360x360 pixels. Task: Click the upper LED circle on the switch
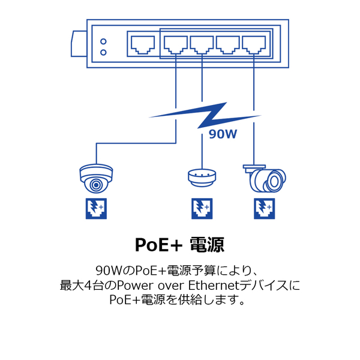tap(103, 41)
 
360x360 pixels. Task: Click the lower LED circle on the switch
tap(103, 53)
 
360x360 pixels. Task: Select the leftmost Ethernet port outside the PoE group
tap(143, 45)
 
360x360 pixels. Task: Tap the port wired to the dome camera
tap(176, 45)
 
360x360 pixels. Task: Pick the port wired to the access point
tap(202, 45)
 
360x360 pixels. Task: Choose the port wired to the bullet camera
tap(254, 45)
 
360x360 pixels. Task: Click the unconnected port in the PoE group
tap(228, 45)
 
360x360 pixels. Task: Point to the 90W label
tap(223, 134)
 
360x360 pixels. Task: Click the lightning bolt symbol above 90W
tap(205, 115)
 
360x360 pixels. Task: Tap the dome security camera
tap(96, 178)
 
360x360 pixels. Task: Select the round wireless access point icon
tap(202, 178)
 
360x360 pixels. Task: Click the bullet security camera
tap(265, 179)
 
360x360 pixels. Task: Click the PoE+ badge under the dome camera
tap(96, 208)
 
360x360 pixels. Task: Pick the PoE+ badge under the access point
tap(202, 208)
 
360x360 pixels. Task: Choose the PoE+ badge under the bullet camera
tap(264, 208)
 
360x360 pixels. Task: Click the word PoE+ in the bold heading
tap(158, 245)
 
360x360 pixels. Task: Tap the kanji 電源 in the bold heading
tap(207, 245)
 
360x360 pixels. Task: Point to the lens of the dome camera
tap(96, 185)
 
